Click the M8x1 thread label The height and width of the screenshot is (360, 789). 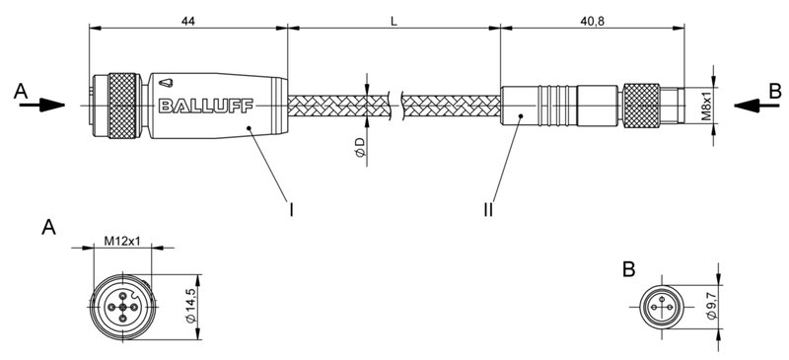[x=707, y=101]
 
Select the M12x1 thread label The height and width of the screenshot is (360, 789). [x=123, y=240]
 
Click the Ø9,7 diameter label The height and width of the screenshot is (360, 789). [x=711, y=306]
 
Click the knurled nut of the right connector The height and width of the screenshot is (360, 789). [x=642, y=103]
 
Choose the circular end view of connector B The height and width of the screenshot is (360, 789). [x=661, y=307]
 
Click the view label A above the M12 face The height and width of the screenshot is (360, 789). [x=48, y=229]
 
